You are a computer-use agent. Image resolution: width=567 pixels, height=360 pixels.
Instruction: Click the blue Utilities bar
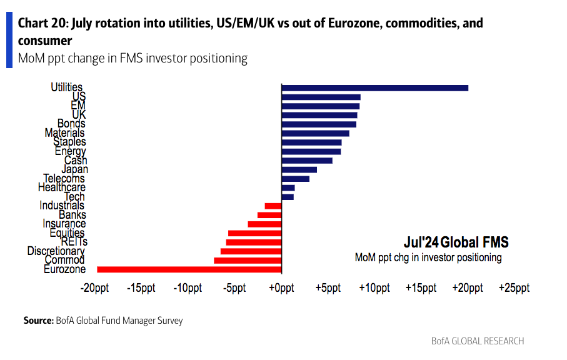(x=375, y=87)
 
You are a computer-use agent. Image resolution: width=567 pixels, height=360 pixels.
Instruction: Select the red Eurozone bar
(x=189, y=269)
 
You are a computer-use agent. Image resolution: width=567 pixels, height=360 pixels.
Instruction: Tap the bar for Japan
(x=299, y=169)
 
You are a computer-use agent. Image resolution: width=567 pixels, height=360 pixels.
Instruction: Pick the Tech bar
(x=288, y=197)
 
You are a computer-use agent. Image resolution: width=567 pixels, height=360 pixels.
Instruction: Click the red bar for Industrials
(x=273, y=206)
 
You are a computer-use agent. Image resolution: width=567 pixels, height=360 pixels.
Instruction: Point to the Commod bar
(x=248, y=260)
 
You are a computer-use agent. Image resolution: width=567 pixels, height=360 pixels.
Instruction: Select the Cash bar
(x=307, y=161)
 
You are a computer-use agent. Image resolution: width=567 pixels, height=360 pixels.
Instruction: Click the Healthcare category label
(x=62, y=187)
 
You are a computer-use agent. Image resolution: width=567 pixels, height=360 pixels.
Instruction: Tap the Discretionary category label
(x=56, y=251)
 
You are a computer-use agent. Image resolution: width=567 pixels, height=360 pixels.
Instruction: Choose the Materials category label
(x=64, y=133)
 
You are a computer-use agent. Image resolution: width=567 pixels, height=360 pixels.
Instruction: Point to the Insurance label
(x=64, y=224)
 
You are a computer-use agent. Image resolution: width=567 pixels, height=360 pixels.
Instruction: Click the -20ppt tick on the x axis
(x=95, y=288)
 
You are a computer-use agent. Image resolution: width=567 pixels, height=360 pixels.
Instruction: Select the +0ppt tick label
(x=281, y=288)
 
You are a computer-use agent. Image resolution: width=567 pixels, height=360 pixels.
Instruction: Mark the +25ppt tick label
(x=514, y=288)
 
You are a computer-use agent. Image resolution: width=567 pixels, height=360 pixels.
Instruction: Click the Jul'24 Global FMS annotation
(x=456, y=242)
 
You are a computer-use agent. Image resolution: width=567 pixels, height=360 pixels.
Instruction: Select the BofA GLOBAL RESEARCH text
(x=478, y=341)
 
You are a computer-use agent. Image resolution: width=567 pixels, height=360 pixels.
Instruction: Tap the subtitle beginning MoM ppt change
(x=133, y=58)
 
